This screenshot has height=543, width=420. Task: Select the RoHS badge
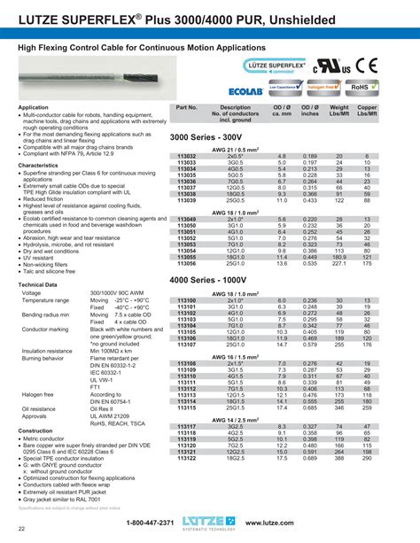click(363, 89)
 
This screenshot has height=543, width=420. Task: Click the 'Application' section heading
click(33, 107)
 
